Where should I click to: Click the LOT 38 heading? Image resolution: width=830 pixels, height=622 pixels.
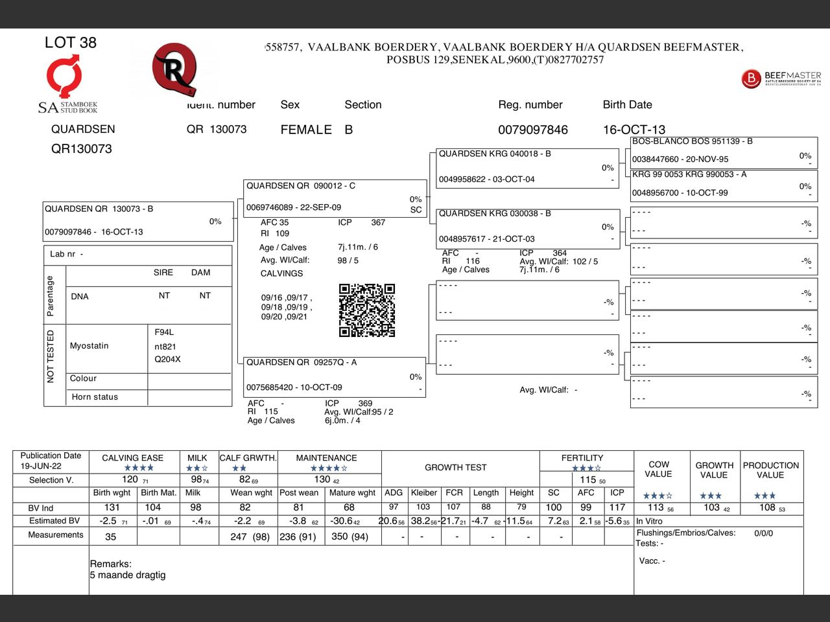coord(70,43)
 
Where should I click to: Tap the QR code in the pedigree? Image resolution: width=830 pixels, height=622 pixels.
coord(367,310)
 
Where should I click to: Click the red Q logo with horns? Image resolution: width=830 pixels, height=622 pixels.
coord(174,69)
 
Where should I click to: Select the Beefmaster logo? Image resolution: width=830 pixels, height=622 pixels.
coord(781,79)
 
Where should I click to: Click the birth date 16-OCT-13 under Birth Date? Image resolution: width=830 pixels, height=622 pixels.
coord(634,130)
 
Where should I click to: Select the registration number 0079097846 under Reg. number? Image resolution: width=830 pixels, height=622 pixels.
coord(532,130)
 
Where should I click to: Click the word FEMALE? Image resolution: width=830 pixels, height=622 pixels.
coord(305,130)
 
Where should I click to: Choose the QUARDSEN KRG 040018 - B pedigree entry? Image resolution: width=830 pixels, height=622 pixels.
coord(495,154)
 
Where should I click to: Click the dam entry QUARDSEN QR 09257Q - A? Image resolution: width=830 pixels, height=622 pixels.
coord(301,363)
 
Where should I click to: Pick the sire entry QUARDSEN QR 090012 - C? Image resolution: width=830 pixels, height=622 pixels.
coord(300,186)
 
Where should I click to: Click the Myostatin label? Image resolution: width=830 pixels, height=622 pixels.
coord(89,346)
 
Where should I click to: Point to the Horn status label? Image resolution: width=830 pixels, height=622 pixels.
coord(95,397)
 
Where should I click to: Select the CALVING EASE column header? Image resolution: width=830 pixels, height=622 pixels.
coord(132,458)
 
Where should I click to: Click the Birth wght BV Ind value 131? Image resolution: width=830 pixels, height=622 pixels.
coord(112,507)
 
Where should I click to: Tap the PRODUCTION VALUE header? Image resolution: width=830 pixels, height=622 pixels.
coord(770,470)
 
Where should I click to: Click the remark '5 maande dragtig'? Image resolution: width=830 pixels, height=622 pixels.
coord(128,575)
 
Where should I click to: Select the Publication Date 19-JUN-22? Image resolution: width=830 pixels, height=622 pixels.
coord(41,466)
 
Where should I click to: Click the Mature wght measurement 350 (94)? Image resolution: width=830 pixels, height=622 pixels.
coord(350,536)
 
